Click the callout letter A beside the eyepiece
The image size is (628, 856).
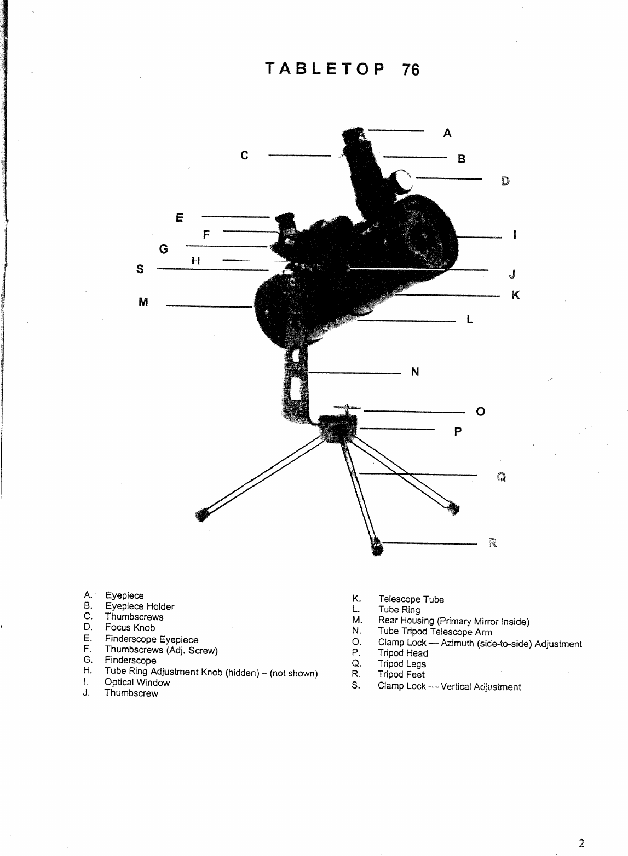447,133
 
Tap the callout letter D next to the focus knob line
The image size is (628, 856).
505,181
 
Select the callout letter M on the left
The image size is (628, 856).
143,302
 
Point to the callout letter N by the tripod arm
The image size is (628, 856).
415,372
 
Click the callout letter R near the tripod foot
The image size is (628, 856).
492,543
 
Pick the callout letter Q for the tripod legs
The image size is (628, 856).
501,477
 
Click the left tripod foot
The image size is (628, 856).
202,514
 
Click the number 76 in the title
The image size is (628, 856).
411,70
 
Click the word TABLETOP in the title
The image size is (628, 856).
324,69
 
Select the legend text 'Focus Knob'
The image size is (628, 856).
130,628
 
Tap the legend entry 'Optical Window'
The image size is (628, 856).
137,683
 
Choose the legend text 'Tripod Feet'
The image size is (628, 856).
401,674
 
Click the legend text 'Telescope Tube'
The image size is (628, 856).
411,599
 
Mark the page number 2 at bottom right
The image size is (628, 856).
581,843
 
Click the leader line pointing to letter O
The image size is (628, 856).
414,410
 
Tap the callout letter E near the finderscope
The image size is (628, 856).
178,217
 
